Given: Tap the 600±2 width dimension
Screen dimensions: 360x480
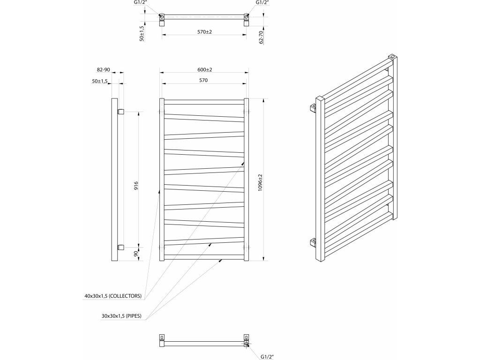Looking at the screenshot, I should [x=204, y=70].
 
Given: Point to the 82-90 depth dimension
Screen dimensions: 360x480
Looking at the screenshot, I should [x=103, y=70].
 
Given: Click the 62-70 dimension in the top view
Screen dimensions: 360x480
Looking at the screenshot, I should [x=261, y=37].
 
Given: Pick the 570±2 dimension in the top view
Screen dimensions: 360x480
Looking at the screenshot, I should [x=204, y=32].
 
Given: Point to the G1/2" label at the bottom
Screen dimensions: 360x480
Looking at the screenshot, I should [x=266, y=356].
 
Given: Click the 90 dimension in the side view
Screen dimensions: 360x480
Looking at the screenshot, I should [x=136, y=254].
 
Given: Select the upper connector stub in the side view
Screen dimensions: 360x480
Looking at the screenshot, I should [x=120, y=112].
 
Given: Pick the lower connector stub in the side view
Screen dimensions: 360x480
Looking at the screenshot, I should [x=120, y=247].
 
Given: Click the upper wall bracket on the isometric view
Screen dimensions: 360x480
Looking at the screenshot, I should [x=313, y=109].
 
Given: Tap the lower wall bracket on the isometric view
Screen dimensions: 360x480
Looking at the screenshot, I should [x=313, y=242].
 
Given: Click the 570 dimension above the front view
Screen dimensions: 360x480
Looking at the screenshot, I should [x=203, y=81].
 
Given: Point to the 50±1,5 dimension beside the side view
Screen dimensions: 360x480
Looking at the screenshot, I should [x=100, y=82].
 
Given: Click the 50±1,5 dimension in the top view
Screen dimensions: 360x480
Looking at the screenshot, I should [x=142, y=33].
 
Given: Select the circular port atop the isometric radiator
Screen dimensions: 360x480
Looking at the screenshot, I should [x=392, y=57].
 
